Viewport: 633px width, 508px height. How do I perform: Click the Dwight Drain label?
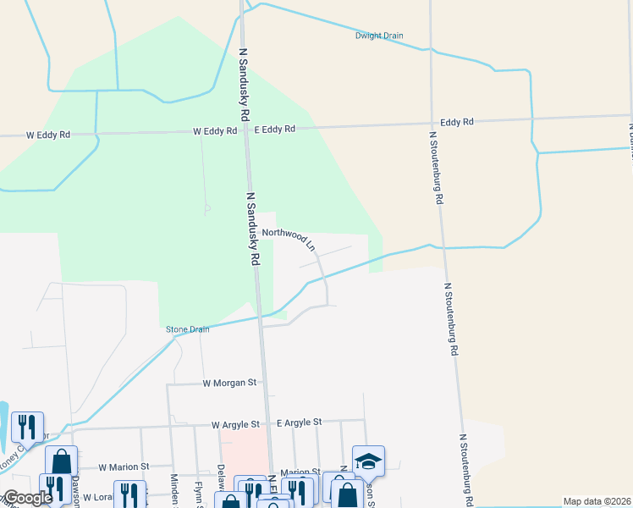(379, 36)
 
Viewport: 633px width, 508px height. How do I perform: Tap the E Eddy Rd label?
(275, 130)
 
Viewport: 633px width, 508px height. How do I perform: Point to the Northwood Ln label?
(289, 238)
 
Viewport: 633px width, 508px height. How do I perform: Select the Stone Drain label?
(187, 329)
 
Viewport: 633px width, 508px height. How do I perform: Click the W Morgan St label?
(229, 383)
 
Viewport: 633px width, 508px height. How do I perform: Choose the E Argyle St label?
(299, 422)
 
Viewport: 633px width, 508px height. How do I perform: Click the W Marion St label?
(124, 467)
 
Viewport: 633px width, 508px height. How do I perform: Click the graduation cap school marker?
(368, 461)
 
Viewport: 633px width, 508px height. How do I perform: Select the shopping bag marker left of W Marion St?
(61, 461)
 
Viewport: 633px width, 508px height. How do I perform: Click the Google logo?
(27, 498)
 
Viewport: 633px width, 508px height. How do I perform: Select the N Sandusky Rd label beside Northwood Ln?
(251, 229)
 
